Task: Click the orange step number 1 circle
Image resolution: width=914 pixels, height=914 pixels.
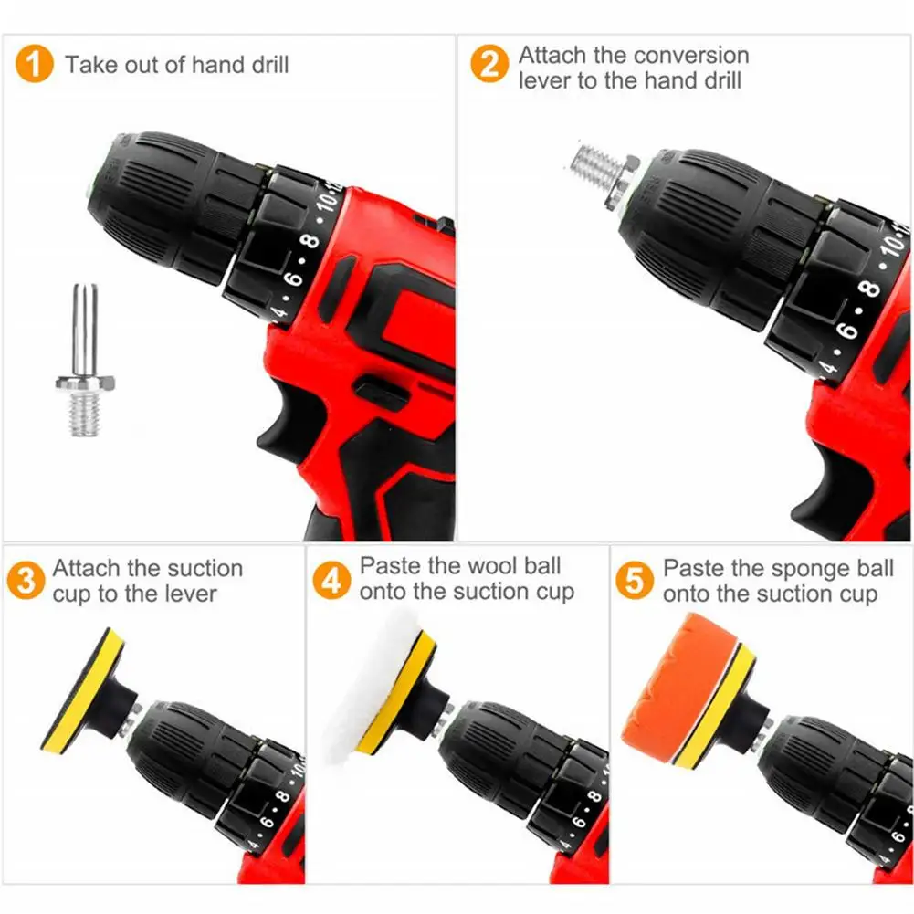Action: tap(35, 64)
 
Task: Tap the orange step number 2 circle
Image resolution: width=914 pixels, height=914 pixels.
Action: tap(489, 64)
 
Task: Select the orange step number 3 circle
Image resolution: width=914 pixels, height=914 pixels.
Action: tap(26, 581)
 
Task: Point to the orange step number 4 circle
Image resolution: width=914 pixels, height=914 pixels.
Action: tap(331, 581)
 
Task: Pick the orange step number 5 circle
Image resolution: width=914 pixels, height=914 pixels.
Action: tap(635, 581)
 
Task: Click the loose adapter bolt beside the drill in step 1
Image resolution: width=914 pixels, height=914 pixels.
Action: tap(85, 361)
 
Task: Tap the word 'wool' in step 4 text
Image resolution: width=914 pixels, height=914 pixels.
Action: tap(492, 566)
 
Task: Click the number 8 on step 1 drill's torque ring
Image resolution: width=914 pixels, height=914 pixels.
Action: tap(312, 241)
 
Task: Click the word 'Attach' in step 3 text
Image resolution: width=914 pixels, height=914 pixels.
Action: tap(86, 568)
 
